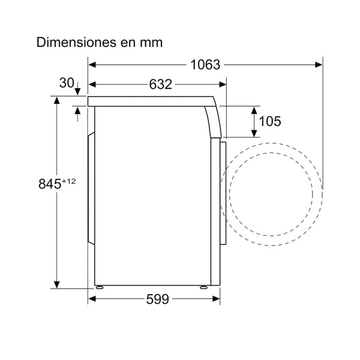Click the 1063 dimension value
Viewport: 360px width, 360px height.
tap(205, 65)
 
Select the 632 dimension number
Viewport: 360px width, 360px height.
tap(160, 84)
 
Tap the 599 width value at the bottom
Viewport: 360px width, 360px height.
tap(157, 299)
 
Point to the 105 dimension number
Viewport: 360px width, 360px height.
tap(270, 121)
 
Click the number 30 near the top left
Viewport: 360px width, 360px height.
tap(67, 83)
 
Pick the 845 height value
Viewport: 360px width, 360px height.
tap(50, 184)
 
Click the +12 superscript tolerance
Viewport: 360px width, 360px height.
tap(68, 181)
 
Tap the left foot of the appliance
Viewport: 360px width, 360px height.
tap(100, 287)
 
